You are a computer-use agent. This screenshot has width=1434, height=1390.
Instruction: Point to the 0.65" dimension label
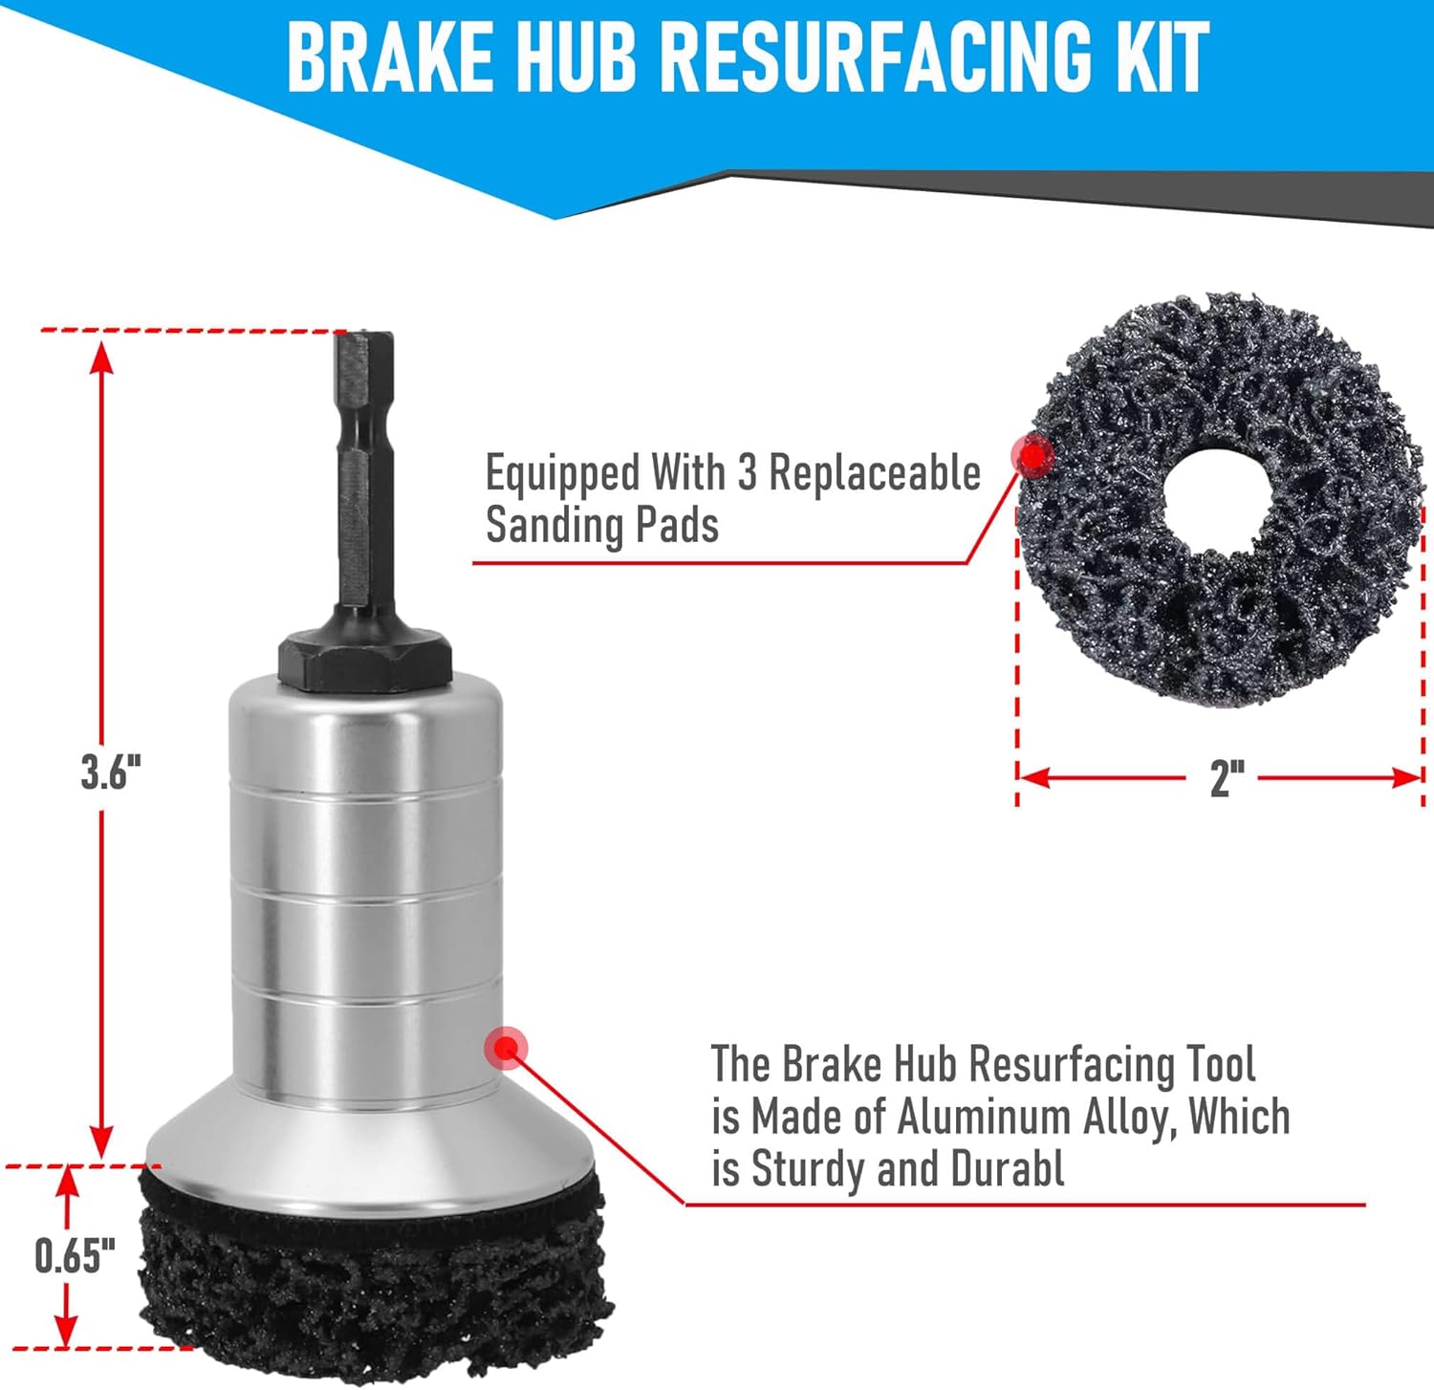point(75,1256)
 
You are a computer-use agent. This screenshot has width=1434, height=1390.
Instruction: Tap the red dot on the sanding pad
point(1032,457)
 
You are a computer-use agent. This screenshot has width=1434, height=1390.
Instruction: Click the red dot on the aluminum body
point(507,1049)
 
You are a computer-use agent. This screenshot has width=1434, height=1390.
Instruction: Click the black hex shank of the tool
point(363,478)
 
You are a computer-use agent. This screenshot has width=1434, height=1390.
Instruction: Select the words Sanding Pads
point(602,525)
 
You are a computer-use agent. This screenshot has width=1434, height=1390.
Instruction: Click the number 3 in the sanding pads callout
point(747,472)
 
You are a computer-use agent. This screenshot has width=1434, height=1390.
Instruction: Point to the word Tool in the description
point(1221,1064)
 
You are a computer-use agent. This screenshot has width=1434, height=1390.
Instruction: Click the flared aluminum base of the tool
point(373,1142)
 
